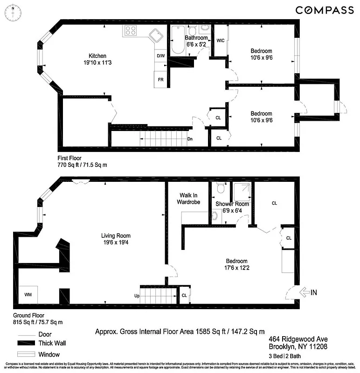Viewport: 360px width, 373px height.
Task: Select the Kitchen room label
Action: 98,56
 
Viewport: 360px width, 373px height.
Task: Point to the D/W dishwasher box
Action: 160,56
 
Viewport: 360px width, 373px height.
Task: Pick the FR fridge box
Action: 160,80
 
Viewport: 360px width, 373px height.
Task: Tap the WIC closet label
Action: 221,41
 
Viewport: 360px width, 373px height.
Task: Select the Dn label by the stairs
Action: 190,138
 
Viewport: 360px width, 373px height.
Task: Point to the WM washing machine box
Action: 28,295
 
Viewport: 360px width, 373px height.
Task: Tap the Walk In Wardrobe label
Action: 188,199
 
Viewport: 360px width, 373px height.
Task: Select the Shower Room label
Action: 232,204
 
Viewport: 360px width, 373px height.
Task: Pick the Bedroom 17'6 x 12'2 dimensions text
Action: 237,268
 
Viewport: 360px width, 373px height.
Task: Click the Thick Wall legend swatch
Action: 28,343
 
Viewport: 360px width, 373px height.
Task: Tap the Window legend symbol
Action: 28,353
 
